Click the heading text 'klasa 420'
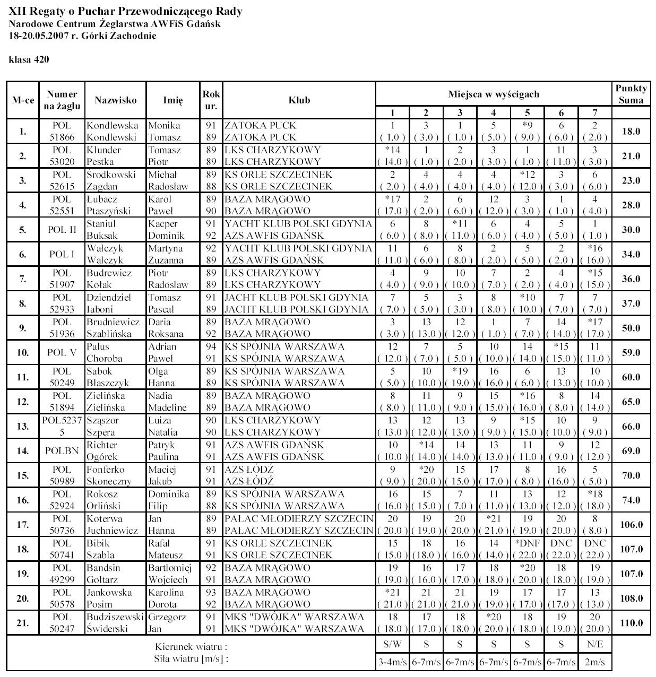click(x=29, y=59)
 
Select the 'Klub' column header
click(x=299, y=100)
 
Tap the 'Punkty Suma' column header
click(x=631, y=94)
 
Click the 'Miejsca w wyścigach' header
click(x=494, y=94)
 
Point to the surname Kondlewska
click(x=112, y=126)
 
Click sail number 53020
click(x=62, y=162)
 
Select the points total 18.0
click(x=631, y=132)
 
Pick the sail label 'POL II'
click(x=62, y=230)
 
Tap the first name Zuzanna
click(x=166, y=261)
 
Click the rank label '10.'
click(x=23, y=353)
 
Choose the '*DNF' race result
click(x=527, y=543)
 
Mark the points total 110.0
click(x=631, y=623)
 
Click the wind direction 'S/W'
click(x=392, y=645)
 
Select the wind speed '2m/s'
click(x=595, y=662)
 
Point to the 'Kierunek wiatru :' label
click(x=191, y=647)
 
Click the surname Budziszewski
click(x=115, y=618)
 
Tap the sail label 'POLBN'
click(x=62, y=451)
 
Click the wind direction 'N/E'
click(x=595, y=645)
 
